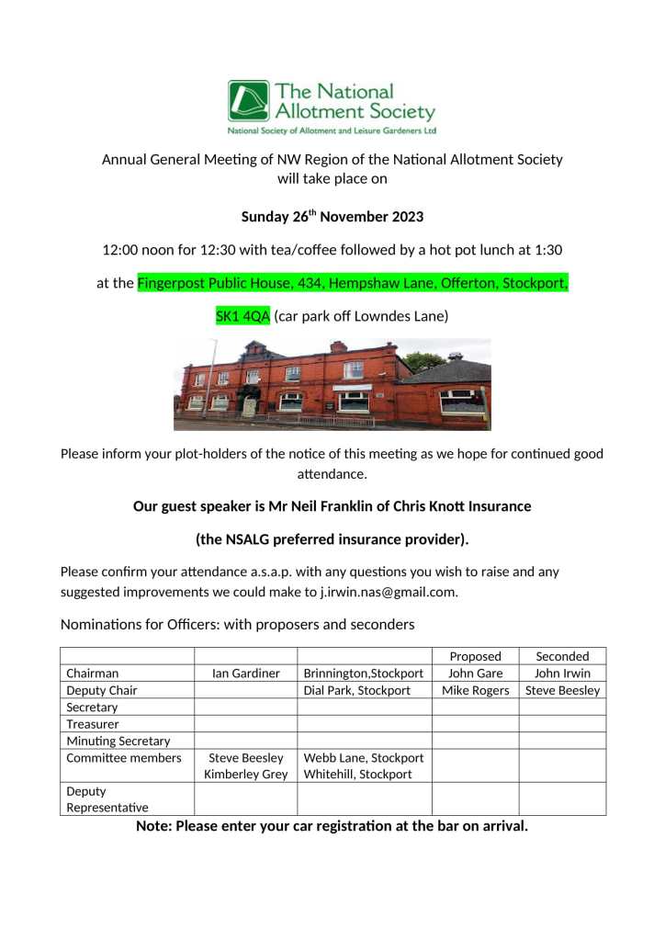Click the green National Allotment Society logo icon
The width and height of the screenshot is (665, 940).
248,101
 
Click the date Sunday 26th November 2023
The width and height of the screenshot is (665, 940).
332,217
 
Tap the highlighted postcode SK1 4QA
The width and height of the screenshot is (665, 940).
242,316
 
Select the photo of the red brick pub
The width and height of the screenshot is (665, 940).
332,384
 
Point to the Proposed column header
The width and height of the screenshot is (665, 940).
475,656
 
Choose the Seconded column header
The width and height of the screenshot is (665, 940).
562,656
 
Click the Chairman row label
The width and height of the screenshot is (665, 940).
92,674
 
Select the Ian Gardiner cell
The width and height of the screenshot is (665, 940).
245,674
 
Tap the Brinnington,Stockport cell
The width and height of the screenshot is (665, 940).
364,674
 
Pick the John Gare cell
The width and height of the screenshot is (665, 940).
475,674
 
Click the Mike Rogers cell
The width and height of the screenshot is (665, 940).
475,690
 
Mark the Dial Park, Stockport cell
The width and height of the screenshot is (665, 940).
356,690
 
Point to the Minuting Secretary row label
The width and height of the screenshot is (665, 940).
118,741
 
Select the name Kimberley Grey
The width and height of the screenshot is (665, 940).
245,775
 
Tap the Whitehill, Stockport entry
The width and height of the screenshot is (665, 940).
357,775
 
